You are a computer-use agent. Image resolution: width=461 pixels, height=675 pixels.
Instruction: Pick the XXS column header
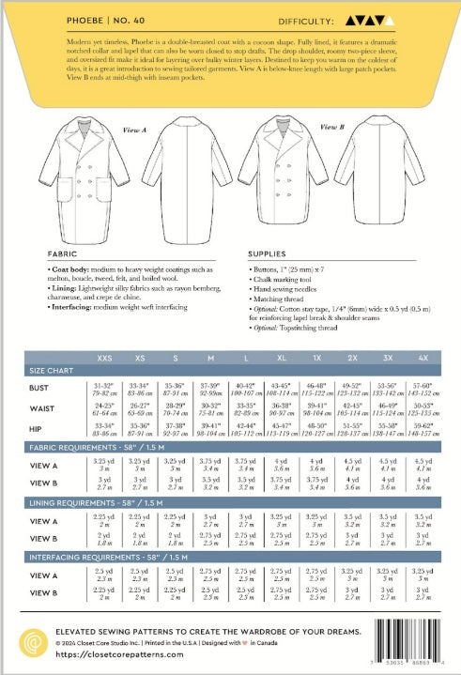click(x=104, y=359)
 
